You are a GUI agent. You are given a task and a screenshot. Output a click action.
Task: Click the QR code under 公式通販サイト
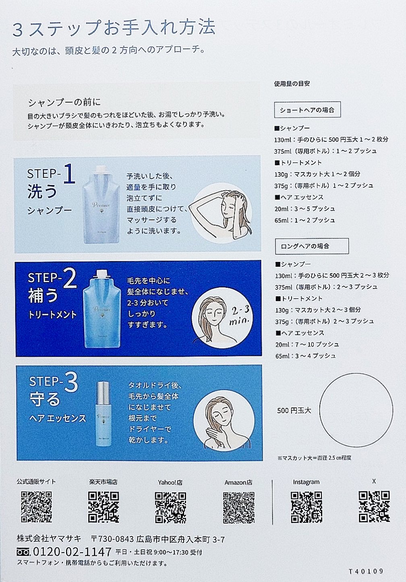[37, 507]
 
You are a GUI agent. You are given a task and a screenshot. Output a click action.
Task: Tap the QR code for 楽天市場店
[104, 507]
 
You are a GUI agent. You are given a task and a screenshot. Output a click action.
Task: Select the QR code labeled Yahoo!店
[170, 507]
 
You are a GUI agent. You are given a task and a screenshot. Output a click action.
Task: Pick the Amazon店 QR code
[238, 507]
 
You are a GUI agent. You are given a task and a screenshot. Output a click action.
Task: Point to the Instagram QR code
[307, 507]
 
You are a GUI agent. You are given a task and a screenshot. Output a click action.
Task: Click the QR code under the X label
[374, 506]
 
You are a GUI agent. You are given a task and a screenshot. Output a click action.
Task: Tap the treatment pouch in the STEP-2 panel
[101, 308]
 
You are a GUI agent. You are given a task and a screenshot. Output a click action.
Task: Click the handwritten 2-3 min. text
[240, 315]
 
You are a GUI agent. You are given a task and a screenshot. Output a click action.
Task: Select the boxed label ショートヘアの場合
[307, 110]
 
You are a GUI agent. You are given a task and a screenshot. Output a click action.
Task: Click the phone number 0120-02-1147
[72, 552]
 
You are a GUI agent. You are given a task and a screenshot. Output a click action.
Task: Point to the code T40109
[366, 571]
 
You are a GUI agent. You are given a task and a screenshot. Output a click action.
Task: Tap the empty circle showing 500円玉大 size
[356, 410]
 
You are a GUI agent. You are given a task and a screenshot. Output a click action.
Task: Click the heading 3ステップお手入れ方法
[114, 29]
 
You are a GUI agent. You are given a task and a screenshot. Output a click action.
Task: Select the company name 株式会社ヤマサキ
[49, 539]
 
